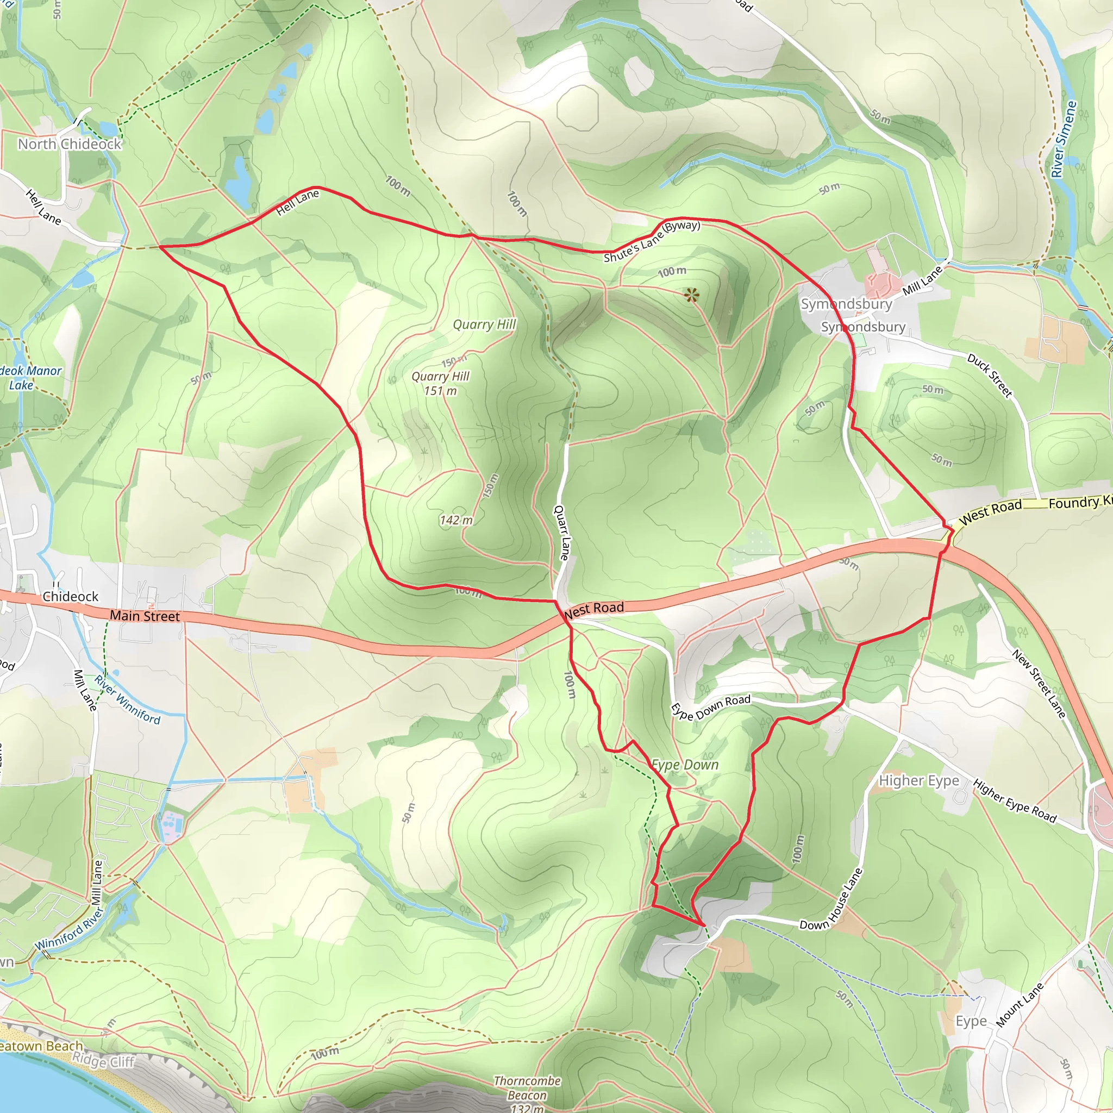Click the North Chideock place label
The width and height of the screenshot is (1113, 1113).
(x=70, y=144)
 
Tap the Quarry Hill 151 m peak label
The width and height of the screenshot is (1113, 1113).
(x=441, y=383)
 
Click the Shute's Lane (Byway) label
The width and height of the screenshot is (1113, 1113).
(x=652, y=241)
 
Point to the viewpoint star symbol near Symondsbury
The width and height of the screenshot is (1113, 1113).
(x=691, y=296)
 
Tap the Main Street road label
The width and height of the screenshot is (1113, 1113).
(x=145, y=616)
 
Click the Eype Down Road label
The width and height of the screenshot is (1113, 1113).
(x=711, y=707)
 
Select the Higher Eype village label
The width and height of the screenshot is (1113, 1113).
(x=919, y=780)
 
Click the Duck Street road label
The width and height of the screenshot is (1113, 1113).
(x=989, y=376)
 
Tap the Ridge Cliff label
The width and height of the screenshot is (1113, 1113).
(x=103, y=1061)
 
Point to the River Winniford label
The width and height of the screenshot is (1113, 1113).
(x=127, y=699)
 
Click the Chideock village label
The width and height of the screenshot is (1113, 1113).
(x=70, y=596)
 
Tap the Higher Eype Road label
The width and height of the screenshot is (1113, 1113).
(x=1015, y=801)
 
